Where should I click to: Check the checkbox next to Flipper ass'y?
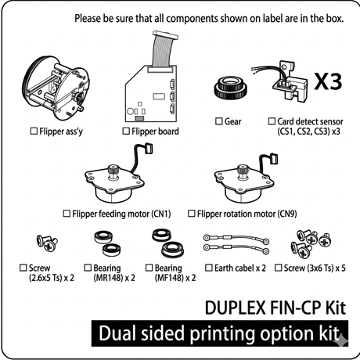pyautogui.click(x=34, y=131)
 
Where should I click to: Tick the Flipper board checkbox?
pyautogui.click(x=126, y=131)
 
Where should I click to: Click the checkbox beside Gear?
pyautogui.click(x=219, y=121)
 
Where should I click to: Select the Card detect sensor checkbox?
pyautogui.click(x=272, y=121)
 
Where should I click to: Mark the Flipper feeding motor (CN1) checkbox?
pyautogui.click(x=67, y=214)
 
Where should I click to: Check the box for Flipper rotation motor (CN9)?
pyautogui.click(x=192, y=214)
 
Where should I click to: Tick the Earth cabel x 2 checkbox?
pyautogui.click(x=209, y=268)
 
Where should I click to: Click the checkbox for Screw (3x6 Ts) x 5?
pyautogui.click(x=279, y=268)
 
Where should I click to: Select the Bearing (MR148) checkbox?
pyautogui.click(x=88, y=268)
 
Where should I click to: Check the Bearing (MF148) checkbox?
pyautogui.click(x=149, y=268)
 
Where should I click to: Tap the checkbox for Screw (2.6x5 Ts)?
pyautogui.click(x=23, y=268)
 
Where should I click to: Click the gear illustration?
pyautogui.click(x=231, y=88)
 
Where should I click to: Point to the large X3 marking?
pyautogui.click(x=328, y=81)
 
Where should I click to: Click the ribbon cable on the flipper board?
pyautogui.click(x=163, y=49)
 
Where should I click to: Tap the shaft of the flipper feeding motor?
pyautogui.click(x=113, y=171)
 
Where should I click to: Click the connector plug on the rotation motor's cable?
pyautogui.click(x=272, y=159)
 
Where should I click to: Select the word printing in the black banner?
pyautogui.click(x=222, y=334)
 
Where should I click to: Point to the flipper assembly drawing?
pyautogui.click(x=56, y=88)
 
